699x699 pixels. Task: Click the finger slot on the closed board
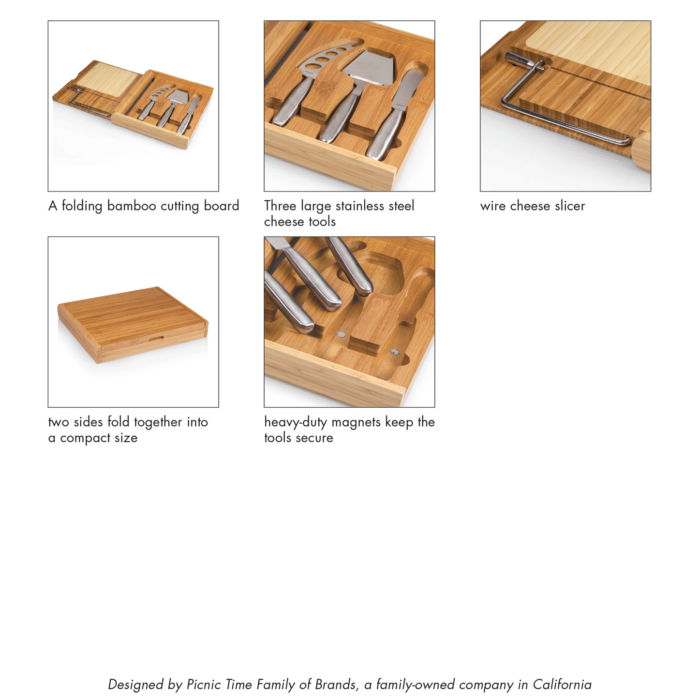[156, 337]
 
